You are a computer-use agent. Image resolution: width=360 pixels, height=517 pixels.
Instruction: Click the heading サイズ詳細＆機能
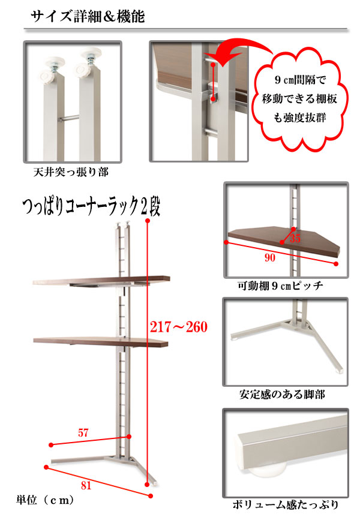(88, 16)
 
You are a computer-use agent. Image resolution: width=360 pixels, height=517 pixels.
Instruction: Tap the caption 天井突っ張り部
(71, 172)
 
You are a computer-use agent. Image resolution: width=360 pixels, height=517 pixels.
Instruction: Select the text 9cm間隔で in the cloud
(300, 79)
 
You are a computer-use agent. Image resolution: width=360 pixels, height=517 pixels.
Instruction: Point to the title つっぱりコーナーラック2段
(91, 207)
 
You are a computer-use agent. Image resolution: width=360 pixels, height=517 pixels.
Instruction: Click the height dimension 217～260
(179, 327)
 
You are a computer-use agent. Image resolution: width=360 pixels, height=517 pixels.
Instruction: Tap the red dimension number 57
(83, 432)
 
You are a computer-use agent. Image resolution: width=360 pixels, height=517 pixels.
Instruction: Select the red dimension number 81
(86, 485)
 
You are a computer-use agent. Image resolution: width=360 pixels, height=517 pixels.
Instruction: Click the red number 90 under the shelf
(269, 258)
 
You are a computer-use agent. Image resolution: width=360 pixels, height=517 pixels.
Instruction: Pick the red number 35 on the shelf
(295, 238)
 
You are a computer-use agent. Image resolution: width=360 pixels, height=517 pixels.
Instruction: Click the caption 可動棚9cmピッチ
(280, 285)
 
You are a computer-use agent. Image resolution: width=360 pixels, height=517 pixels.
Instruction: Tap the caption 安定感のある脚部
(282, 394)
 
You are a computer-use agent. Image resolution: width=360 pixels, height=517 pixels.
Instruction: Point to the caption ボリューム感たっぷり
(286, 504)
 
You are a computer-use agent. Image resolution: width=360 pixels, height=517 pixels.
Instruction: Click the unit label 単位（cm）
(45, 500)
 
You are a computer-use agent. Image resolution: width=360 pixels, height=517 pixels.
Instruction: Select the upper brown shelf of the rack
(101, 281)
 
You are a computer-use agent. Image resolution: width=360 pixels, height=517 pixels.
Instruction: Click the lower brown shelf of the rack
(101, 342)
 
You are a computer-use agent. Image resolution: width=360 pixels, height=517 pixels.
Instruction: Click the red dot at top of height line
(148, 221)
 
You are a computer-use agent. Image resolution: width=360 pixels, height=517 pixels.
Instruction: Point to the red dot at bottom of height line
(147, 485)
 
